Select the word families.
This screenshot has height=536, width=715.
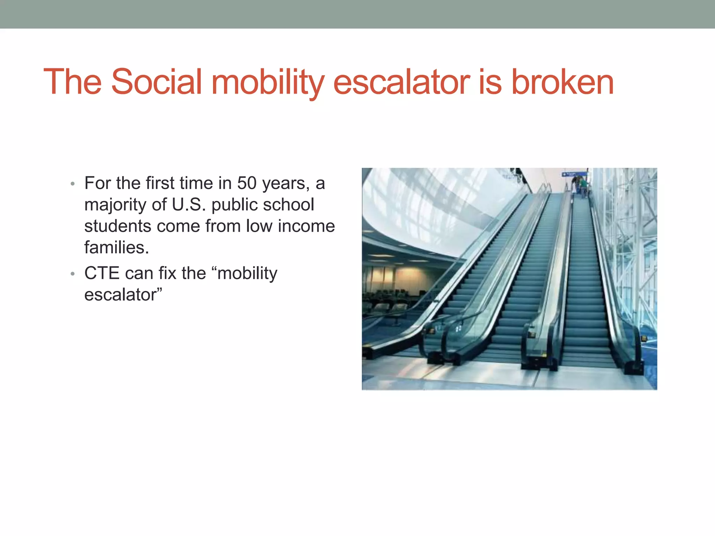point(117,248)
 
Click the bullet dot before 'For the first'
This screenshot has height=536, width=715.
point(73,184)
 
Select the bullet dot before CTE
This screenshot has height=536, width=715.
point(73,274)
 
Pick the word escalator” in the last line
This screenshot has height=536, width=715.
point(123,295)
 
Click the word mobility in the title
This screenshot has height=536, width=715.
point(268,82)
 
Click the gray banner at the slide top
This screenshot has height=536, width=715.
point(357,14)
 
